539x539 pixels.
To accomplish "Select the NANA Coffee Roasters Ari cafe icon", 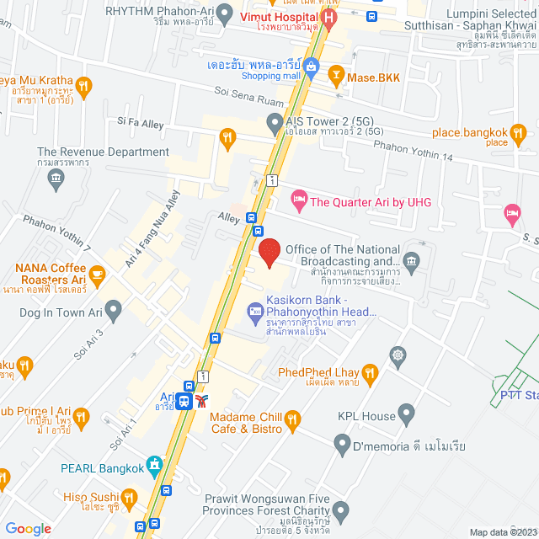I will pyautogui.click(x=97, y=274).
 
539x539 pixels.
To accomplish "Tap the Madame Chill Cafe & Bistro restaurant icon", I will pyautogui.click(x=292, y=419).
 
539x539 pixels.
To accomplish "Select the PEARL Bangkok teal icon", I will pyautogui.click(x=153, y=464).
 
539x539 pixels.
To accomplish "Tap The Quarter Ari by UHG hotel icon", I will pyautogui.click(x=298, y=200).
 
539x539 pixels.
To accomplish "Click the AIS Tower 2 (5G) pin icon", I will pyautogui.click(x=274, y=125).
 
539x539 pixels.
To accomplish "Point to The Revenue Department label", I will pyautogui.click(x=103, y=152).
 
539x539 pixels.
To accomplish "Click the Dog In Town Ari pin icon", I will pyautogui.click(x=114, y=312).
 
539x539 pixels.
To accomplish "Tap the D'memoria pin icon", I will pyautogui.click(x=342, y=443).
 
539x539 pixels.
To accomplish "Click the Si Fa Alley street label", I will pyautogui.click(x=141, y=122).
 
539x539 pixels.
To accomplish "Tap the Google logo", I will pyautogui.click(x=29, y=528).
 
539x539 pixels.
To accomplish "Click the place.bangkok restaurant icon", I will pyautogui.click(x=520, y=133).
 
